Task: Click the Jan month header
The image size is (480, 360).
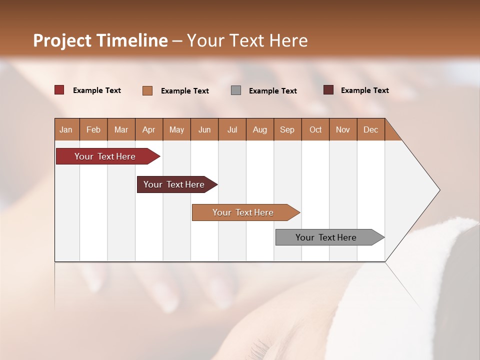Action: tap(66, 129)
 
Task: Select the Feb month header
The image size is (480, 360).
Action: tap(93, 129)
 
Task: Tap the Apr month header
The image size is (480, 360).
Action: tap(149, 129)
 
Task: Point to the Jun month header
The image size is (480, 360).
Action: tap(204, 129)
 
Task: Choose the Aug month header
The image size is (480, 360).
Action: tap(260, 129)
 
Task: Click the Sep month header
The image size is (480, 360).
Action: tap(287, 129)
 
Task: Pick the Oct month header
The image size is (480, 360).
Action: tap(315, 129)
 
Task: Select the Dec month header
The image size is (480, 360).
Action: tap(371, 129)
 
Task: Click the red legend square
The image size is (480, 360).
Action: tap(59, 90)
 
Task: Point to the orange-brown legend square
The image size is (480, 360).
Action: tap(147, 90)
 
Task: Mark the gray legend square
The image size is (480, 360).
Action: tap(236, 90)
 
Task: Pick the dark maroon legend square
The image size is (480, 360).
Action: tap(328, 90)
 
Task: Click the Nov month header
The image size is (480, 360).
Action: tap(343, 129)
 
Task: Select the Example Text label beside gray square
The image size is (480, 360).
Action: tap(273, 91)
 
